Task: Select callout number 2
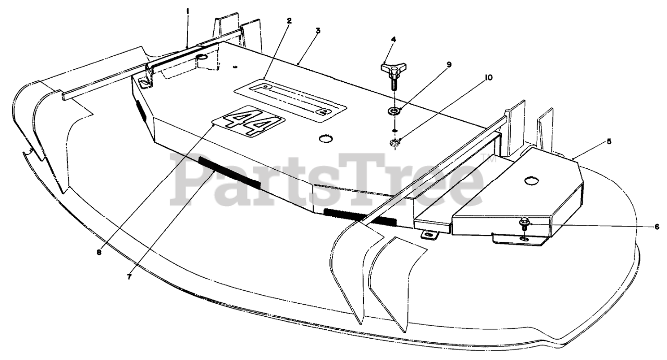click(289, 21)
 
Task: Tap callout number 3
click(318, 30)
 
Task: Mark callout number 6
click(657, 227)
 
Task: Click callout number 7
click(129, 277)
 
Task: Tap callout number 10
click(488, 77)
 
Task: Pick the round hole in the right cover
click(530, 180)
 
